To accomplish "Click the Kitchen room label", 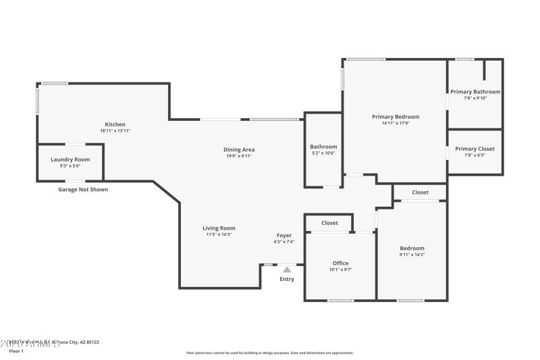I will coord(115,124).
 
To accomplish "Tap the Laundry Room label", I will coord(70,159).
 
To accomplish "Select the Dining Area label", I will coord(239,149).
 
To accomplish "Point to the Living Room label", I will coord(219,228).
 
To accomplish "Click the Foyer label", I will coord(283,235).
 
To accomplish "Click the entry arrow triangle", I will coord(287,269).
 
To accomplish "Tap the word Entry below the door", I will coord(287,279).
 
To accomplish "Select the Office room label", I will coord(340,263).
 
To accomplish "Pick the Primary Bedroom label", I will coord(396,117).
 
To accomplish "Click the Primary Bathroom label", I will coord(475,92).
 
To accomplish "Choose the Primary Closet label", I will coord(475,149).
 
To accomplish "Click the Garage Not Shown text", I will coord(83,190).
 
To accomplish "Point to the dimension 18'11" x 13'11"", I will coord(115,131).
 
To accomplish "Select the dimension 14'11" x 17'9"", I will coord(396,124).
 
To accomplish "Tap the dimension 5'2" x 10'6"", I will coord(323,153).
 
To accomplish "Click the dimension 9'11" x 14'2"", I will coord(412,255).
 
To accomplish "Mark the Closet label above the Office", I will coord(329,223).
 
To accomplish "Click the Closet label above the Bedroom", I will coord(420,192).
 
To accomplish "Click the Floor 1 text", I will coord(16,351).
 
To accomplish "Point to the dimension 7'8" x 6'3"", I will coord(475,155).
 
